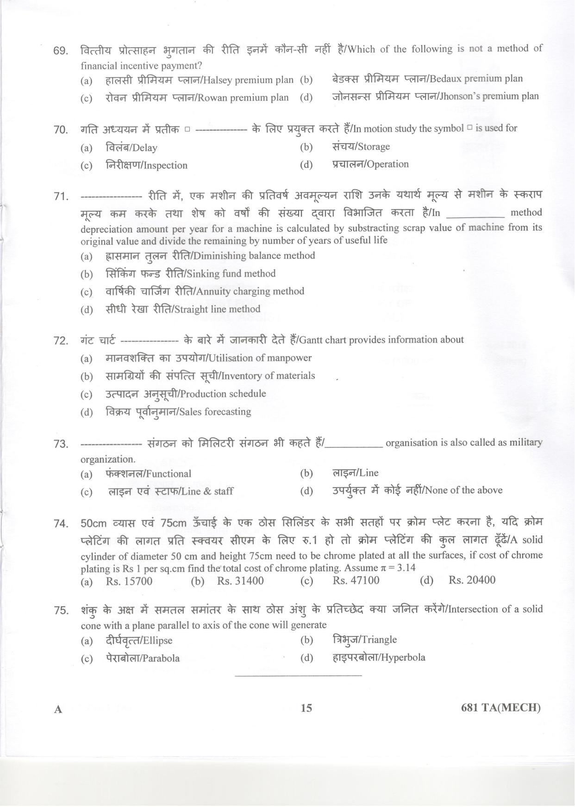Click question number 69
[61, 50]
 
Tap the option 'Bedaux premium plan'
[476, 79]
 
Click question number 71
[61, 197]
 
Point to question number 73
[61, 444]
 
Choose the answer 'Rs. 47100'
[356, 580]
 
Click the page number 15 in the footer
[306, 721]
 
